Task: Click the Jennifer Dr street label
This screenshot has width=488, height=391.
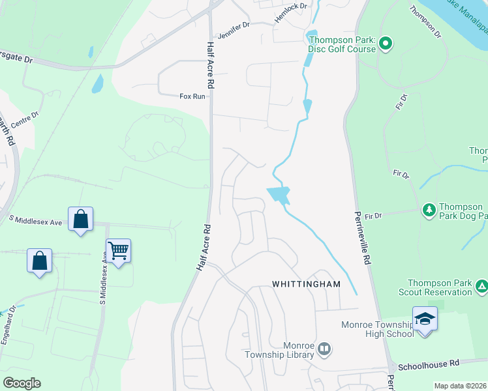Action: coord(236,26)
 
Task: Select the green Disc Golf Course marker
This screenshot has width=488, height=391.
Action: coord(385,44)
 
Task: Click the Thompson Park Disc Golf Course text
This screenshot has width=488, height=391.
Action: coord(342,44)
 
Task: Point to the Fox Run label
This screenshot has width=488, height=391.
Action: coord(192,96)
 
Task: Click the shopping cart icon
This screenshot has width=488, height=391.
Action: coord(118,250)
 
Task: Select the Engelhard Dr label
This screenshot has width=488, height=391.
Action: coord(7,328)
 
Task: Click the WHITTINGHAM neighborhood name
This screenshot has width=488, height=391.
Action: coord(307,285)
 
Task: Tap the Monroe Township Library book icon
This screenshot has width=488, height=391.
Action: coord(324,351)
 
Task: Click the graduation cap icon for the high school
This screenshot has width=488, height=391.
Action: coord(425,319)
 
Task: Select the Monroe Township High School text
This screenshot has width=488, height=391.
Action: coord(378,329)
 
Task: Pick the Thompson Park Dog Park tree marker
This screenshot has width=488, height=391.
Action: coord(429,210)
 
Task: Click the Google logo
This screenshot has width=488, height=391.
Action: coord(22,383)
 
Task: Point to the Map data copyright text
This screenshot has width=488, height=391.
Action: coord(459,386)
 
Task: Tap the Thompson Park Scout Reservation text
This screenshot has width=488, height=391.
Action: coord(440,287)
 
